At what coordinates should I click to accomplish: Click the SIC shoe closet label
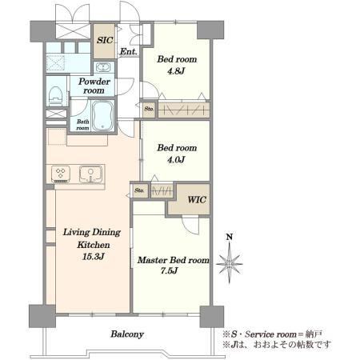click(105, 40)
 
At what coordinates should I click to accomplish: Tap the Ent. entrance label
click(129, 51)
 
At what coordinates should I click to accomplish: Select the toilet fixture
click(56, 95)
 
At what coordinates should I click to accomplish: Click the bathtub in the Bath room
click(103, 115)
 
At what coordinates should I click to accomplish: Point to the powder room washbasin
click(102, 67)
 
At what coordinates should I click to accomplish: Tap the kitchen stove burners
click(61, 173)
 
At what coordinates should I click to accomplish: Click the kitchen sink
click(90, 174)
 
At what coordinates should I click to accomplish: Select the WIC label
click(197, 199)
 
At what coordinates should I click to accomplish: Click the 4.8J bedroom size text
click(176, 71)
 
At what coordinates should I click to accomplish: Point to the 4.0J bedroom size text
click(176, 159)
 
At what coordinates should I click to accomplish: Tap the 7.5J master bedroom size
click(169, 270)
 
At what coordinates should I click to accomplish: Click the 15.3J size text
click(93, 257)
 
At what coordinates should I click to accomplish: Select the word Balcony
click(127, 334)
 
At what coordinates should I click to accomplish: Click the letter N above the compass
click(230, 237)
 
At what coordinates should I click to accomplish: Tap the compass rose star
click(230, 264)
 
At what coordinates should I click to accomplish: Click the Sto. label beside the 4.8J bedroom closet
click(149, 109)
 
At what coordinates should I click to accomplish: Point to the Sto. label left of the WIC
click(139, 190)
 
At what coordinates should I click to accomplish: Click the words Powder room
click(94, 86)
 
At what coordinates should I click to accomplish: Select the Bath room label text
click(82, 125)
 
